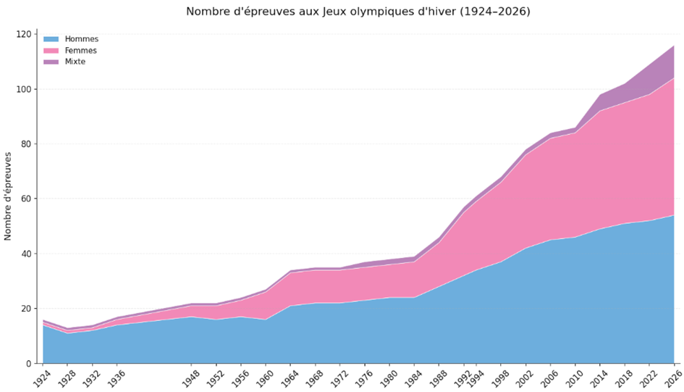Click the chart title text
358,12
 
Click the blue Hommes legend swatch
51,39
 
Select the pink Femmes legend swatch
51,51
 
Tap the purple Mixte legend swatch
51,62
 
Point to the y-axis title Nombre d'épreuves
9,196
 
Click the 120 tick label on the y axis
25,34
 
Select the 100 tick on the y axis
25,89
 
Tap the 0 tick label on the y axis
30,363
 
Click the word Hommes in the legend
82,39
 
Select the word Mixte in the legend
75,62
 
